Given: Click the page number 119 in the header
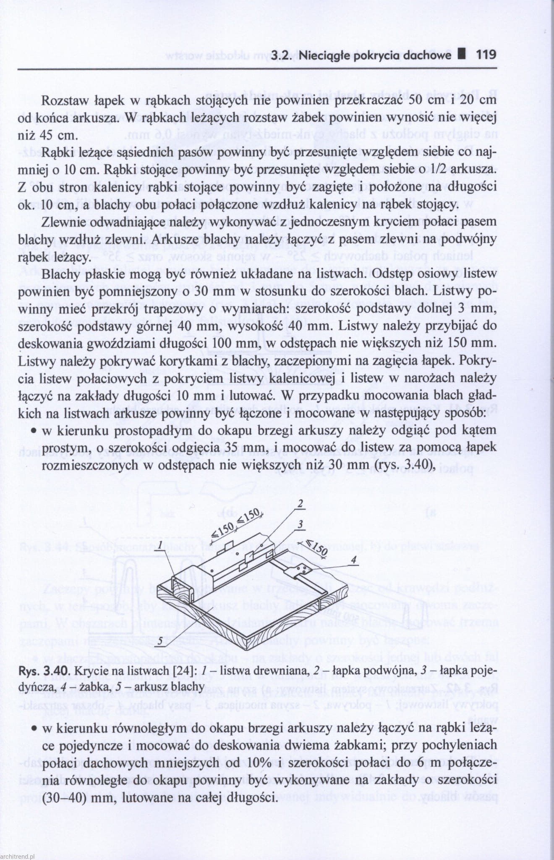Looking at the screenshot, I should [x=486, y=55].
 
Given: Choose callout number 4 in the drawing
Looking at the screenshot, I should [x=354, y=560].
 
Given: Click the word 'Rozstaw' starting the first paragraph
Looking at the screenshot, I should [x=63, y=101].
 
